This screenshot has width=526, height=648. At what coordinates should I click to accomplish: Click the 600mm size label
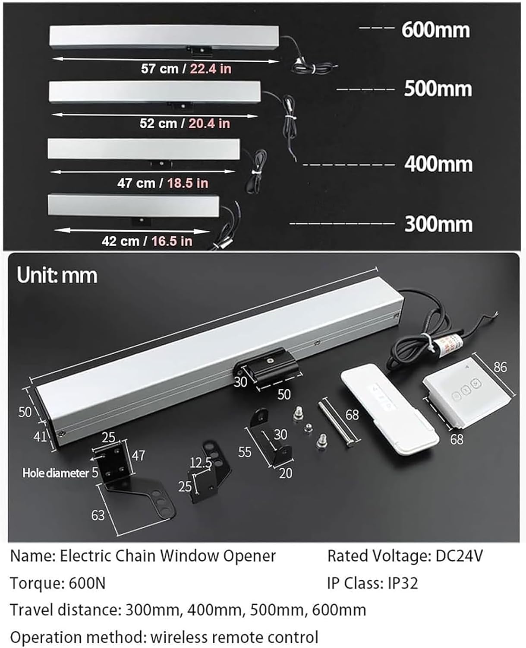coord(435,30)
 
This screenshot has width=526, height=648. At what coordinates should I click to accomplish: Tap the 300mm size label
coord(438,224)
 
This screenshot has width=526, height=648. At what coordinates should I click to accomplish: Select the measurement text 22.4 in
coord(211,69)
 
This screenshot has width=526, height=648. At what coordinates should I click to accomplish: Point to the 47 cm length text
coord(136,183)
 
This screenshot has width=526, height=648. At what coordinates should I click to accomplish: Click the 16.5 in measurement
coord(172,241)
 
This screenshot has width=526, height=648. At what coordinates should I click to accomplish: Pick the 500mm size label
coord(438,89)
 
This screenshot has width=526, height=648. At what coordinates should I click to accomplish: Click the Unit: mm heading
coord(57,276)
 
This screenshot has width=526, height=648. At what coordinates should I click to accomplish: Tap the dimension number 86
coord(500,367)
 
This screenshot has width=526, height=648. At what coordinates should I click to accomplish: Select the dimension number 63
coord(98,515)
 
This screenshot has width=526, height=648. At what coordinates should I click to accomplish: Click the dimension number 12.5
coord(201,463)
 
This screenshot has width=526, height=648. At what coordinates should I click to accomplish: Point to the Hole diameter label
coord(56,473)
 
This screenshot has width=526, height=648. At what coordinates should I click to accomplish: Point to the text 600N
coord(87,584)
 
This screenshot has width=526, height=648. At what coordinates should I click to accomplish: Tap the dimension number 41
coord(40,437)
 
